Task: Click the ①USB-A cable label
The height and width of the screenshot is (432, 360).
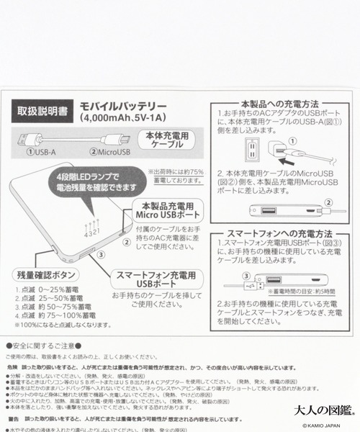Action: coord(42,152)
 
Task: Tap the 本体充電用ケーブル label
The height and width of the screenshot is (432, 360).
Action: coord(171,140)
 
